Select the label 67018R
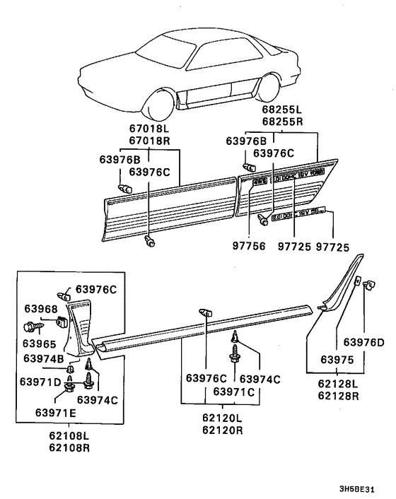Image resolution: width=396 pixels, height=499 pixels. point(148,141)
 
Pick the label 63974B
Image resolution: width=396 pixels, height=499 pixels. point(44,358)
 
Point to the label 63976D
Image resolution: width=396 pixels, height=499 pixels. point(364,342)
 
